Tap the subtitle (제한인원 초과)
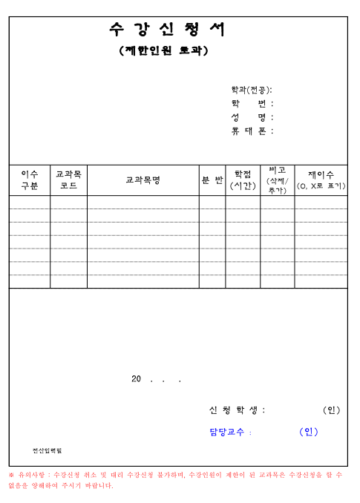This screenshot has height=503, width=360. coord(164,51)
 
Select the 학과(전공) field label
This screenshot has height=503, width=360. coord(252,90)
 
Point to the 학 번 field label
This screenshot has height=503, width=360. coord(252,104)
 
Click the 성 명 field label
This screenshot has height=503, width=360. coord(252,117)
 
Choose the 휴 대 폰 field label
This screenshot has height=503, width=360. coord(252,131)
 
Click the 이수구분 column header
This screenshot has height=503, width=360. coord(30,180)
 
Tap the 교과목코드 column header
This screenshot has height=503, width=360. coord(68,180)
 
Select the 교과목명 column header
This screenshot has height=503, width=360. coord(143,180)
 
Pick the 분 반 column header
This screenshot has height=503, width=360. coord(212,180)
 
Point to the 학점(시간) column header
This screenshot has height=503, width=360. coord(243,180)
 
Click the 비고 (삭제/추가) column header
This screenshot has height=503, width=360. coord(277,180)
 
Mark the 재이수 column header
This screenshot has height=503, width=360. coord(321,180)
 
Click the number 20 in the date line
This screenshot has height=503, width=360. coord(136,379)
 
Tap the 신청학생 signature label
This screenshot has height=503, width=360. coord(237,410)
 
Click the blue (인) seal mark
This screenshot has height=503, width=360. coord(308,433)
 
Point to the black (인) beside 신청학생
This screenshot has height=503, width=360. coord(331,410)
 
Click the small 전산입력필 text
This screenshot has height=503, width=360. coord(46,450)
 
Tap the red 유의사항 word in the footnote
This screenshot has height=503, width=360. coord(32,474)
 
